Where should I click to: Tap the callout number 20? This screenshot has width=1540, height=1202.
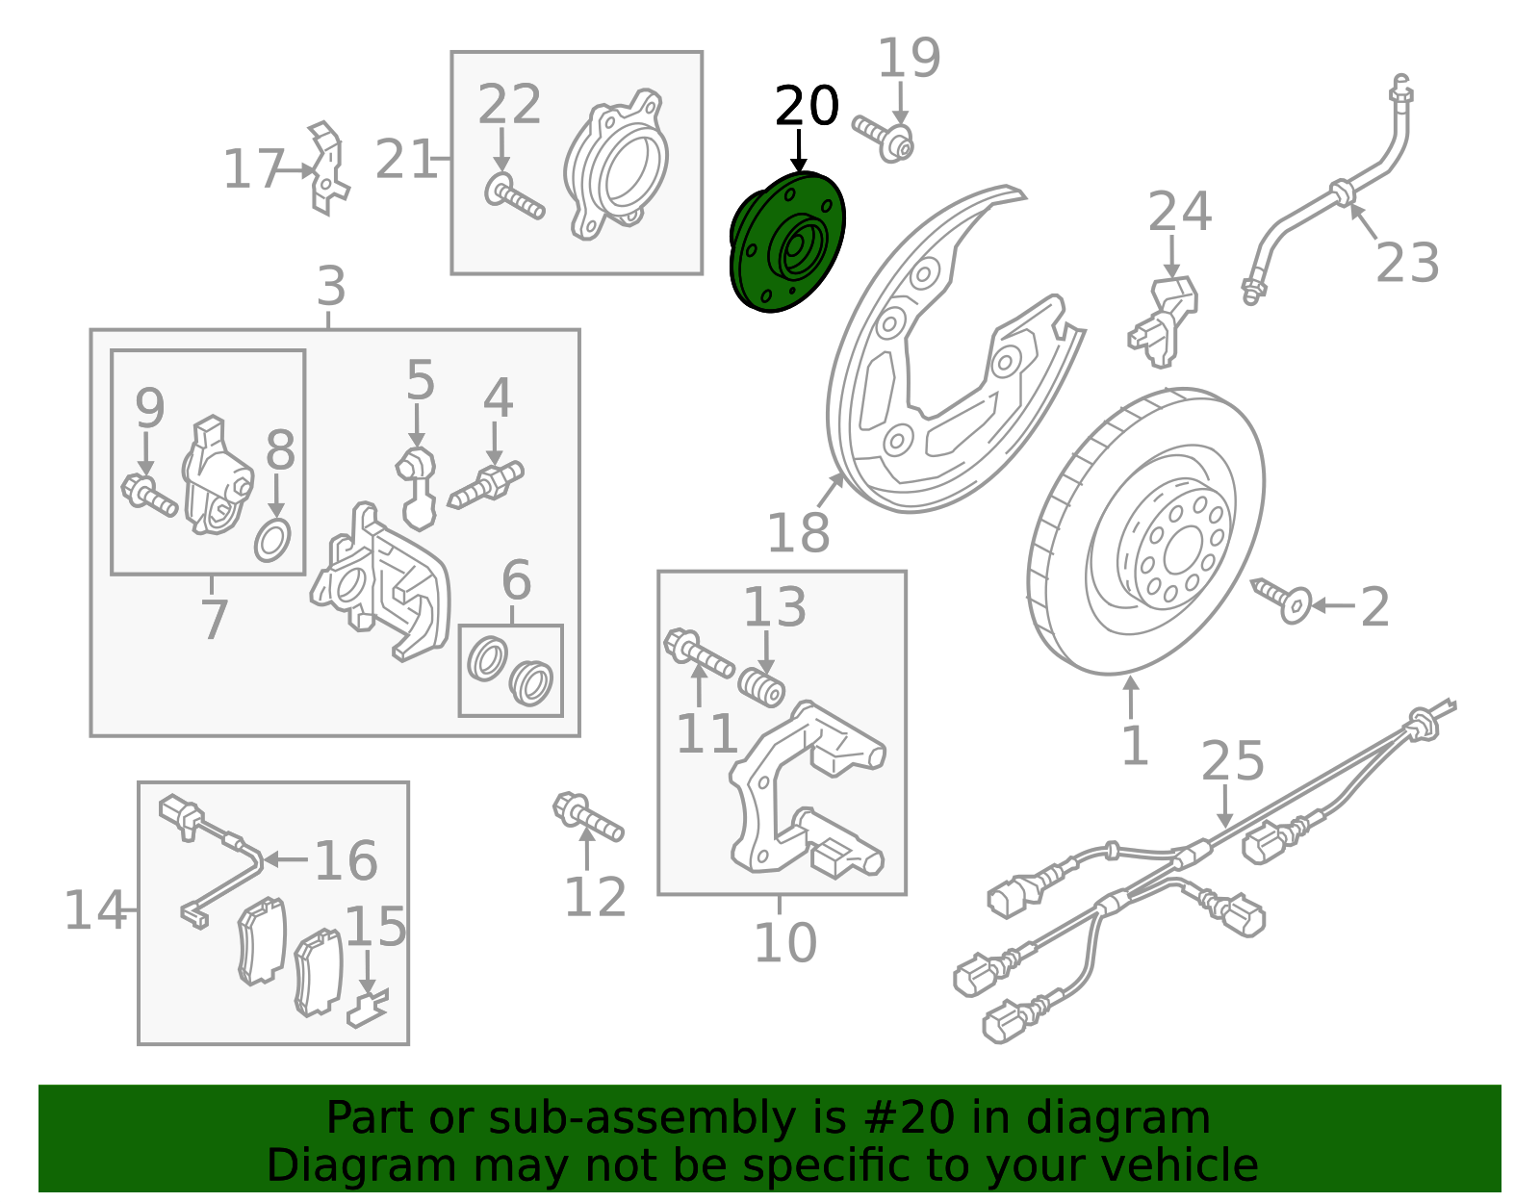(x=807, y=107)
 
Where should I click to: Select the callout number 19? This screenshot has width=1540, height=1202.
(x=910, y=58)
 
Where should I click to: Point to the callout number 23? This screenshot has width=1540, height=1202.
(x=1407, y=263)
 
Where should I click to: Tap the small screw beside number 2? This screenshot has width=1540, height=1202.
(x=1280, y=600)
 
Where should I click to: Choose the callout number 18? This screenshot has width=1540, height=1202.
(x=798, y=532)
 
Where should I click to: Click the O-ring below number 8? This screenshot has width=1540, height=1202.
(x=272, y=541)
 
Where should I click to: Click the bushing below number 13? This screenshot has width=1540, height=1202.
(x=761, y=685)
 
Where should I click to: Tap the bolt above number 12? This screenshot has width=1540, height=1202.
(x=588, y=817)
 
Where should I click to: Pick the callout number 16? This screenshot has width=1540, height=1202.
(x=346, y=860)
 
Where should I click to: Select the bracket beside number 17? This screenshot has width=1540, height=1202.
(x=328, y=168)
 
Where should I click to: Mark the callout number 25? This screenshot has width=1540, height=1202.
(x=1233, y=760)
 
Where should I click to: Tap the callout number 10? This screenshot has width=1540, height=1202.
(x=785, y=943)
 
